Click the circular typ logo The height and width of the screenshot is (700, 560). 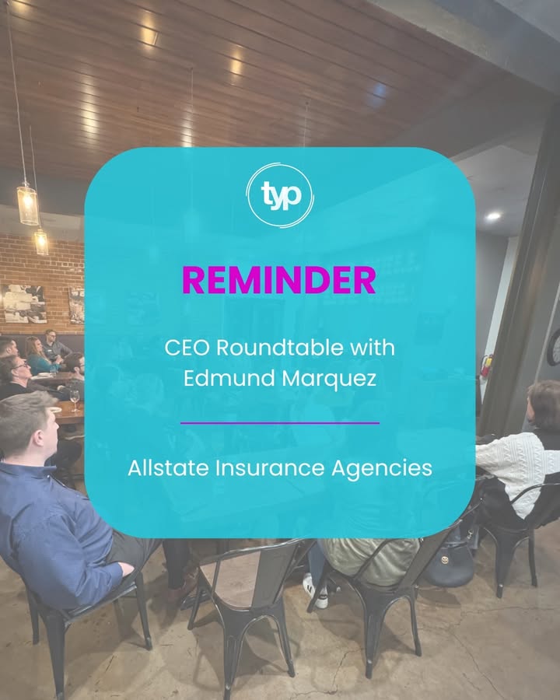coord(280,195)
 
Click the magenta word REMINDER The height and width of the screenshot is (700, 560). coord(279,280)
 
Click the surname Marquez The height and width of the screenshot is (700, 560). coord(329,379)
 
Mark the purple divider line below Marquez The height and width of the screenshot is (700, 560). coord(280,423)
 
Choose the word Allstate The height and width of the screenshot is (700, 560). coord(168,468)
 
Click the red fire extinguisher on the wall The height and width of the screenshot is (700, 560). coord(486,366)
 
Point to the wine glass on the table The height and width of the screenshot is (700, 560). coord(75,400)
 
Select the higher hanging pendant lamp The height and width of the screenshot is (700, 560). coord(28,204)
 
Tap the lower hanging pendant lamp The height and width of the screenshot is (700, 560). coord(41,242)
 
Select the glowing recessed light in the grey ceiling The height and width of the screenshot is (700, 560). coord(493,216)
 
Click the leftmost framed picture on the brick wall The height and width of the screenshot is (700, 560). coord(23,303)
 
